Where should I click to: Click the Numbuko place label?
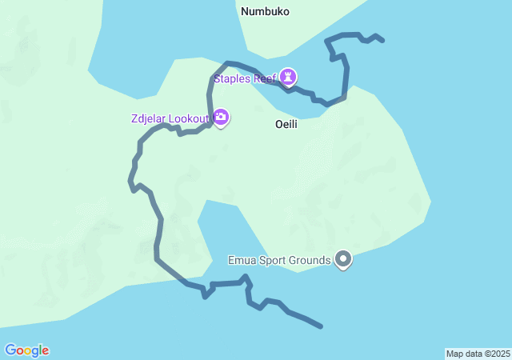tap(265, 11)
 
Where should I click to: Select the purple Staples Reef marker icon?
tap(288, 78)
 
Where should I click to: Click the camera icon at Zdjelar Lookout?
tap(221, 118)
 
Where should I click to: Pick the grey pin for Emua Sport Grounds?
tap(344, 259)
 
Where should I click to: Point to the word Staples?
tap(231, 78)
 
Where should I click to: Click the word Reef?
tap(264, 78)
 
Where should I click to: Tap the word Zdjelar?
tap(150, 119)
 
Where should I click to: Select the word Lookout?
tap(190, 119)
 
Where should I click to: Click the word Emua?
tap(242, 260)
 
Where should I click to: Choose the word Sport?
tap(272, 260)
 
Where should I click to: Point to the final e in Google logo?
tap(46, 351)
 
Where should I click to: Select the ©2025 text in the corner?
tap(498, 354)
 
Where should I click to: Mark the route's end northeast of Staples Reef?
tap(383, 40)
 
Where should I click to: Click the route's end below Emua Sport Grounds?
tap(321, 326)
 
